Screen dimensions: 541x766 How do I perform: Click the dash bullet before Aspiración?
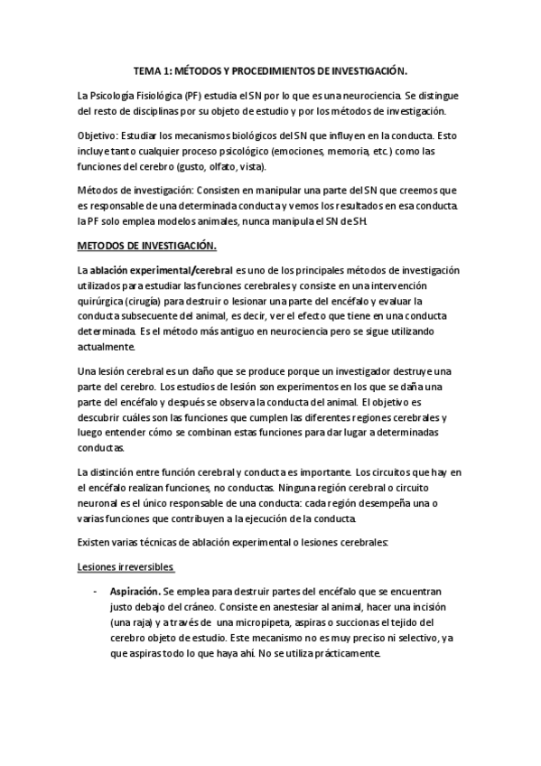(x=96, y=590)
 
